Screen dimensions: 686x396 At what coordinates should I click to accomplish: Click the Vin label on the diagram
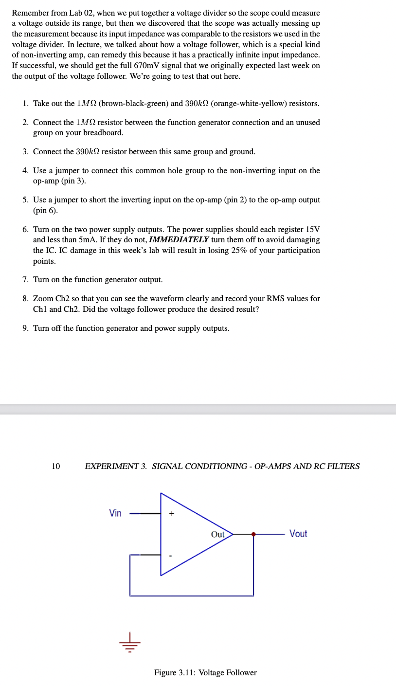(x=115, y=513)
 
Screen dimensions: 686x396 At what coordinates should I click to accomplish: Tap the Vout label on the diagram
(x=298, y=534)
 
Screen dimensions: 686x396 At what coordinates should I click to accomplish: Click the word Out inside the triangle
(x=217, y=534)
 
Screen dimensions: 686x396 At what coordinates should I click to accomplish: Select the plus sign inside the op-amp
(x=171, y=513)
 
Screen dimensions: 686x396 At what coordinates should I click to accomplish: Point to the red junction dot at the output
(x=253, y=534)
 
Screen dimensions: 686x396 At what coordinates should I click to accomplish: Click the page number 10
(x=56, y=466)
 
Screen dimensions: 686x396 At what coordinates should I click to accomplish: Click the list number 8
(x=25, y=299)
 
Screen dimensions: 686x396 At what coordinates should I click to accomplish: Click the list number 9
(x=25, y=328)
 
